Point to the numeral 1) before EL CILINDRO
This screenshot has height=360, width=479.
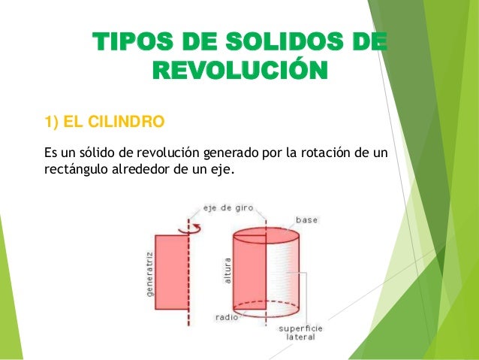point(53,122)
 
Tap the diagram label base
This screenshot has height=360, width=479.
point(306,220)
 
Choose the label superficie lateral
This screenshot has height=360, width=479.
point(300,333)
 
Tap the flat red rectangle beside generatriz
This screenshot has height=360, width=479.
point(170,268)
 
